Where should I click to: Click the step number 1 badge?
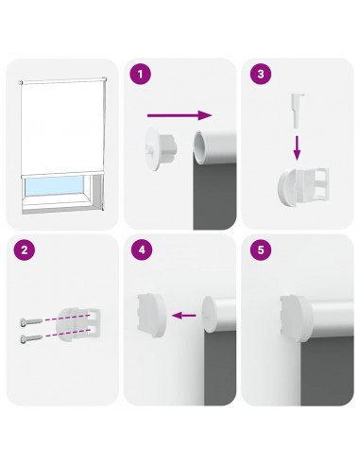141,74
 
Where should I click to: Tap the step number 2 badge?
24,250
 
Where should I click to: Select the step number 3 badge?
261,74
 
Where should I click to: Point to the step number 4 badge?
142,250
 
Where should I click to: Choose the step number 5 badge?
261,250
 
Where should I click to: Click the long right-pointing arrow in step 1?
180,115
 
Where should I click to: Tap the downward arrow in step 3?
297,148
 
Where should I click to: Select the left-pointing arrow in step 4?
184,315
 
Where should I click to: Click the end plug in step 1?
160,148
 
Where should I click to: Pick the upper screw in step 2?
31,321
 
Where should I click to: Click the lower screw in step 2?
31,338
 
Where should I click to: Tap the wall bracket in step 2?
77,324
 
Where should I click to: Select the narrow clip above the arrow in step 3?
298,111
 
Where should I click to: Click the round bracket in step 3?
303,187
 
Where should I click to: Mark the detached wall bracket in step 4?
151,316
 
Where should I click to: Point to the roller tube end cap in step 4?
210,314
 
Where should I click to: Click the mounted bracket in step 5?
295,319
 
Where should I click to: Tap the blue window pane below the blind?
54,185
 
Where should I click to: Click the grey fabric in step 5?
326,371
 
